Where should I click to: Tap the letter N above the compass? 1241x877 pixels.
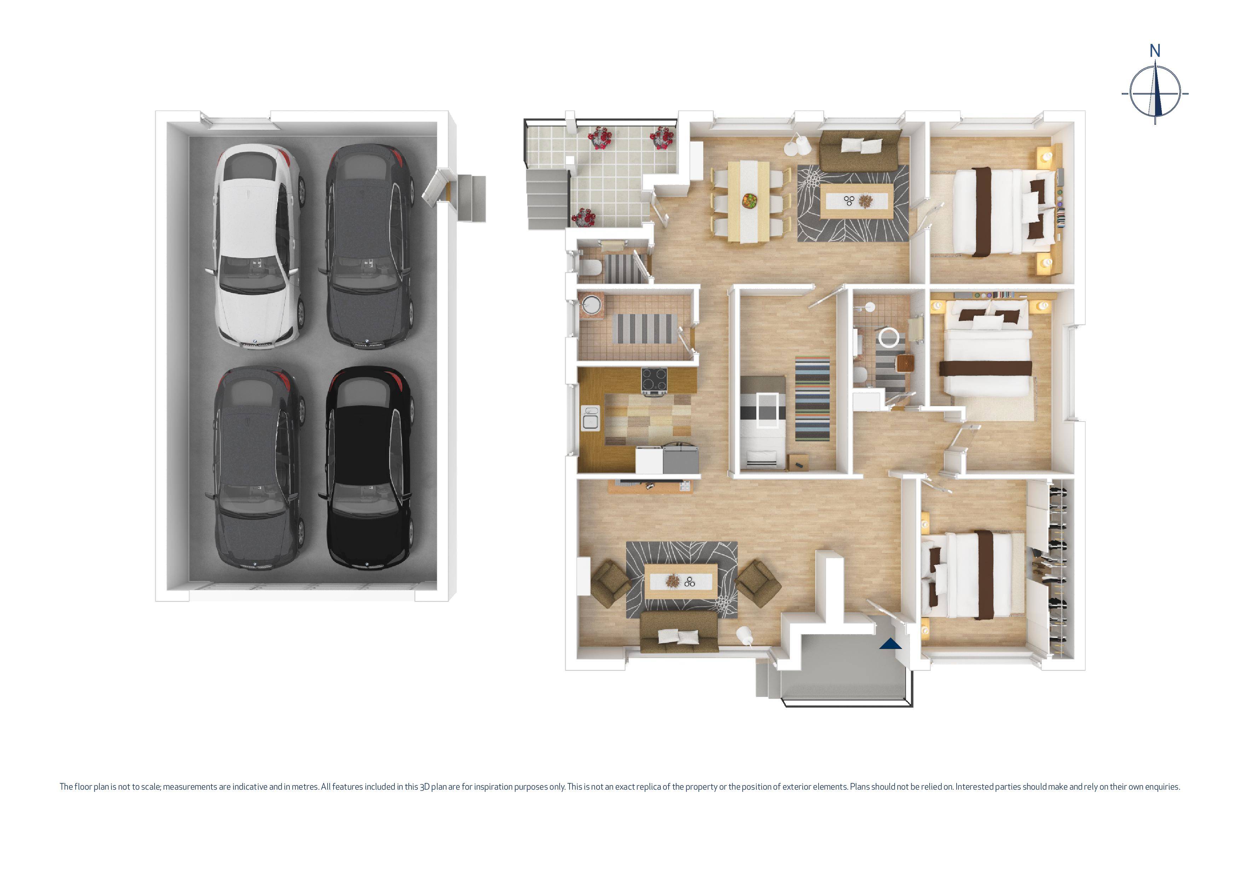[1155, 51]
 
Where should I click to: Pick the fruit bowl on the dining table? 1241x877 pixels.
[749, 201]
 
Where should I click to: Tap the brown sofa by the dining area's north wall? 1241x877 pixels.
[860, 150]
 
